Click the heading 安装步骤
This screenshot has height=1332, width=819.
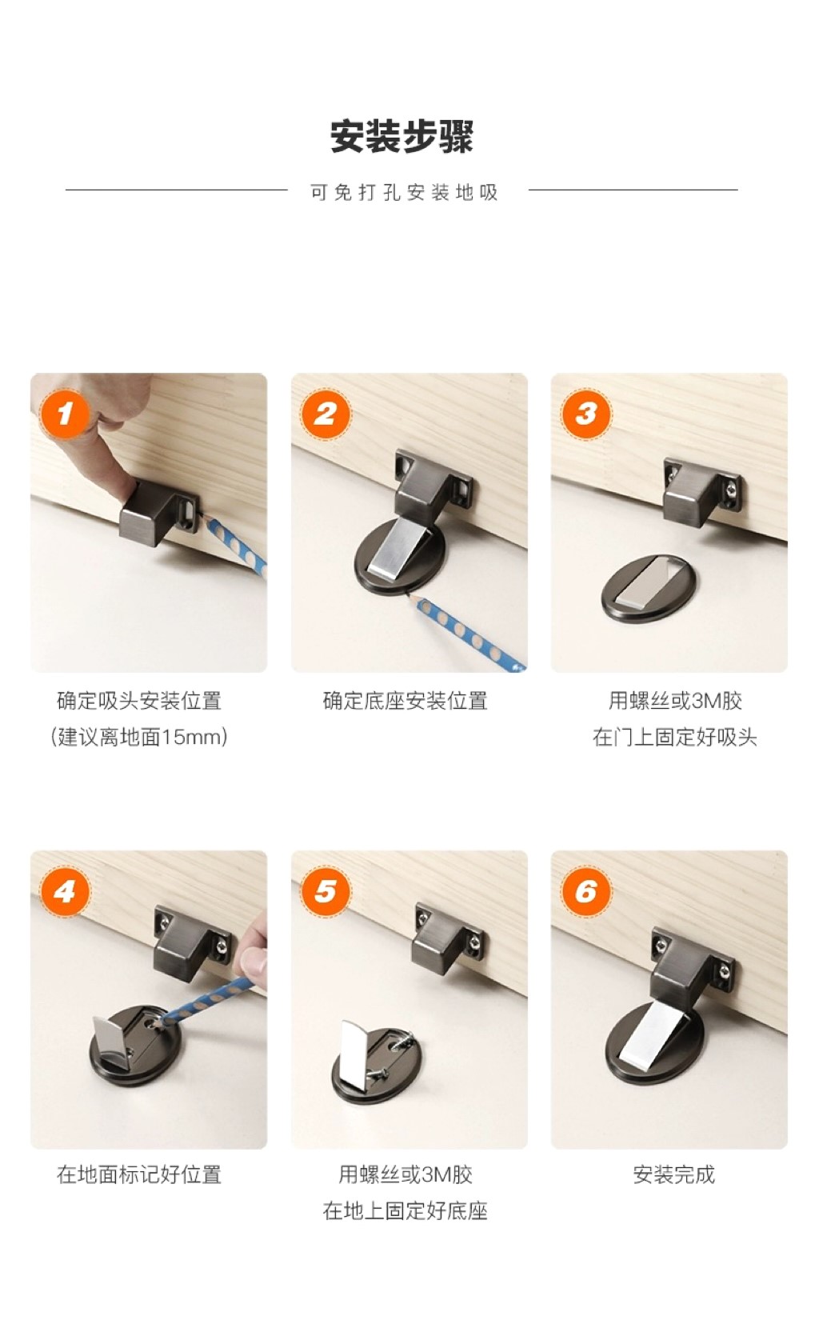click(402, 136)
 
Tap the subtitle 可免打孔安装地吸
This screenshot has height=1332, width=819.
click(404, 192)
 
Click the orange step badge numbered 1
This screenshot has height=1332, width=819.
click(64, 414)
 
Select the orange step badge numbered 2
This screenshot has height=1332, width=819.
click(325, 414)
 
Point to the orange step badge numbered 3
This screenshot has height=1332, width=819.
click(585, 414)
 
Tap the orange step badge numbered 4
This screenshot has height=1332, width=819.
click(64, 891)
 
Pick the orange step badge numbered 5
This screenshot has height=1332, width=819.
click(325, 891)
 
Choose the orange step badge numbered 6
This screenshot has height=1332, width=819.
click(585, 891)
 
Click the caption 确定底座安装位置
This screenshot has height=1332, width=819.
click(406, 701)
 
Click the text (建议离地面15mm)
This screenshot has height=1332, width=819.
click(139, 738)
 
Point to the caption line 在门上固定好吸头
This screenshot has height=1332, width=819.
click(674, 738)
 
